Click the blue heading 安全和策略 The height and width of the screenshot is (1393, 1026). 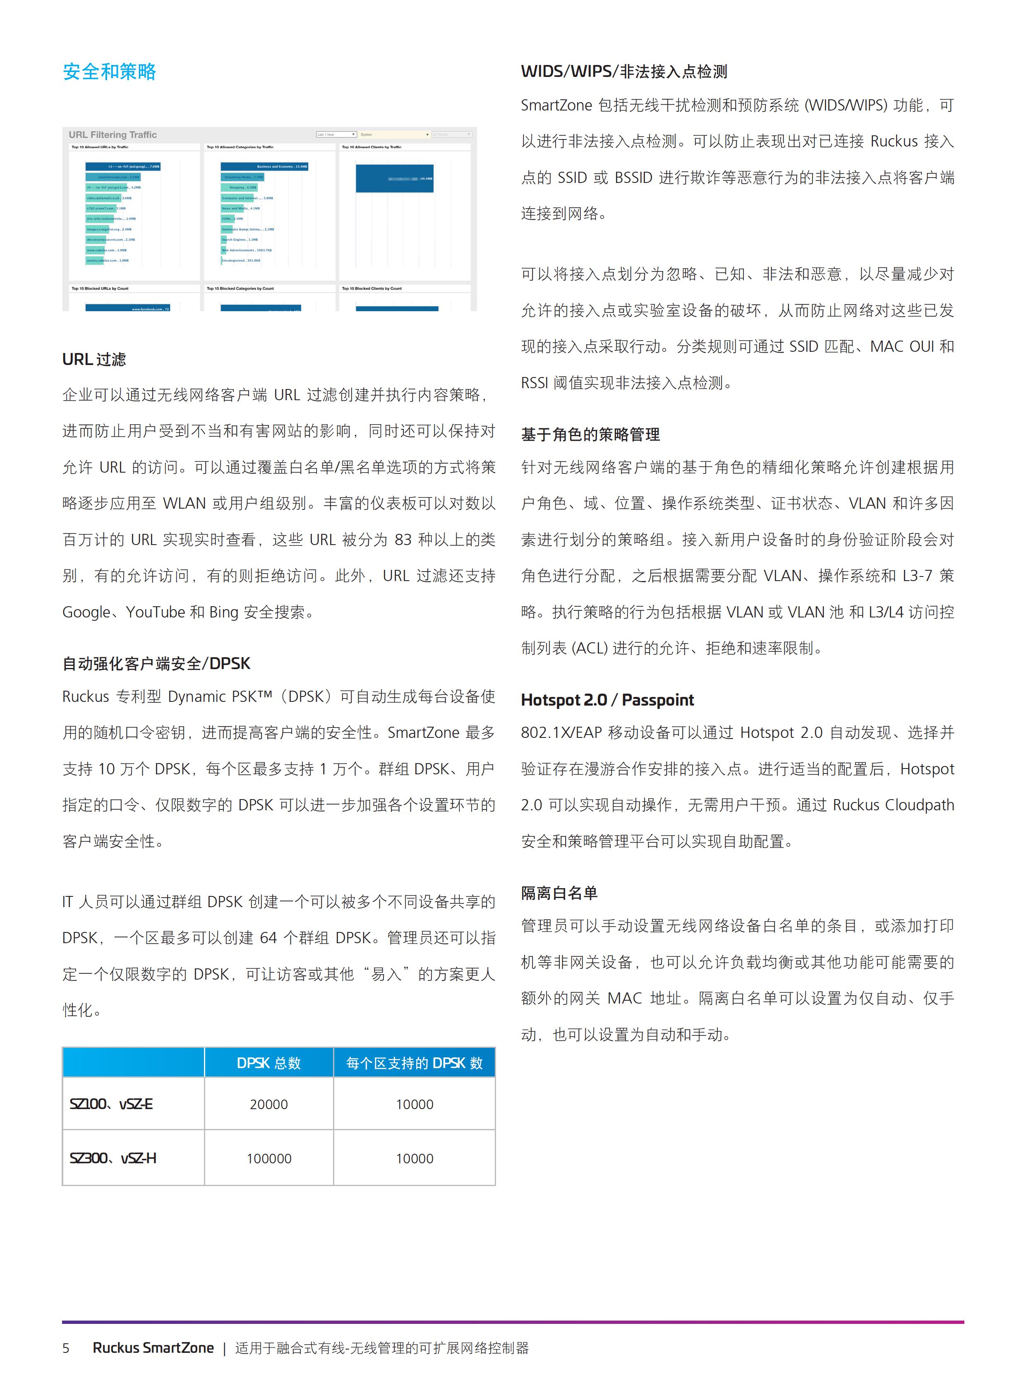pos(109,72)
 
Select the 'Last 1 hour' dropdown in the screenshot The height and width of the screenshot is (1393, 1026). pos(336,134)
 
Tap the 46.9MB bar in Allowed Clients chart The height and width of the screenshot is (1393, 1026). pos(394,178)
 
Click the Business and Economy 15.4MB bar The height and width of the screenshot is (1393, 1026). pos(264,166)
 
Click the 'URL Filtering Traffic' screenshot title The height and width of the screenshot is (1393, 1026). pos(113,135)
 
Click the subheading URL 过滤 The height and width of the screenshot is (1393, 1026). pos(94,359)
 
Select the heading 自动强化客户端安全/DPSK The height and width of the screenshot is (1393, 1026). pos(156,663)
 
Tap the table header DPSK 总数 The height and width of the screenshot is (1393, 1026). pos(268,1063)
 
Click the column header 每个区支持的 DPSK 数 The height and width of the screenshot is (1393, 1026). pos(414,1063)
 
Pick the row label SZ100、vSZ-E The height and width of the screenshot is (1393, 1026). pos(111,1104)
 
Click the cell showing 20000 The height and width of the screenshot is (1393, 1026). pos(268,1104)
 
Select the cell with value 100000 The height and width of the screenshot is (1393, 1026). pos(268,1158)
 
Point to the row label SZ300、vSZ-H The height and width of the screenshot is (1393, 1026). pos(113,1158)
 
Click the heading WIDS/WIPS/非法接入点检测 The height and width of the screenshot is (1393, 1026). pos(623,72)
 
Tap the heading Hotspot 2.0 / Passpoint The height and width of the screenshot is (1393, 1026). pos(607,700)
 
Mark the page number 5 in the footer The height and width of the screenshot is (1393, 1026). pos(66,1347)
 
